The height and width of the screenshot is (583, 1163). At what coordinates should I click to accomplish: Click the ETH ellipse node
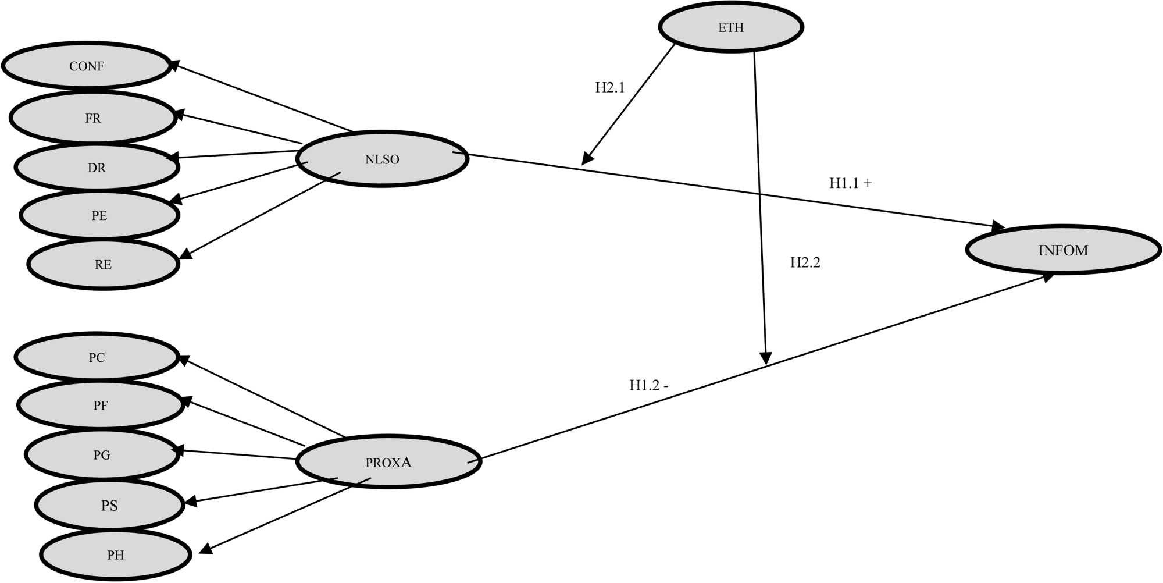pos(731,27)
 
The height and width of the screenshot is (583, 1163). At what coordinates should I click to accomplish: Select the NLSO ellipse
pos(382,159)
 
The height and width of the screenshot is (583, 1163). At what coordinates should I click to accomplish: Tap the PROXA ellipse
pos(388,462)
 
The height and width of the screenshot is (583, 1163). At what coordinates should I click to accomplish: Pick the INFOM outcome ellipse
pos(1063,250)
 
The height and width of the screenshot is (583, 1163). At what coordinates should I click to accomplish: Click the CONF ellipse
pos(87,66)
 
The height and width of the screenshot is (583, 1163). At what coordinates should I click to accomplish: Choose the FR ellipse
pos(93,118)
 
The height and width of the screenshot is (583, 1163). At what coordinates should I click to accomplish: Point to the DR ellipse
pos(97,168)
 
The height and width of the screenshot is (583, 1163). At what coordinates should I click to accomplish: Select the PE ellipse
pos(99,215)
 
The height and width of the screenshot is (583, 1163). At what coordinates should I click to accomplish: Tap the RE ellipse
pos(103,264)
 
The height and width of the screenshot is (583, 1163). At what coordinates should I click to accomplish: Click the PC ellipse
pos(97,357)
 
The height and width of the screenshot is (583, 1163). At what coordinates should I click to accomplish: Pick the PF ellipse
pos(101,406)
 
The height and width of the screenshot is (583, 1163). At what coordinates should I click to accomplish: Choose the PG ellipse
pos(102,454)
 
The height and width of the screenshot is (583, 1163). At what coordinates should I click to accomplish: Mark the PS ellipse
pos(109,505)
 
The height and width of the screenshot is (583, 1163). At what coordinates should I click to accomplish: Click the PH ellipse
pos(115,554)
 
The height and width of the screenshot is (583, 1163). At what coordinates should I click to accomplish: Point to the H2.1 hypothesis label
pos(609,87)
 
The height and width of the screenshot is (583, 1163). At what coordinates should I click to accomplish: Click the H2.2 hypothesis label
pos(805,262)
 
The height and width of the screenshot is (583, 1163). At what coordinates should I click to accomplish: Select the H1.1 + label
pos(850,183)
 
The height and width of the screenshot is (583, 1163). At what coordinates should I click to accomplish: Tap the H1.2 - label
pos(648,385)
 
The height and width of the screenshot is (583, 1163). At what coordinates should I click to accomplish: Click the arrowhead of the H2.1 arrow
pos(587,159)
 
